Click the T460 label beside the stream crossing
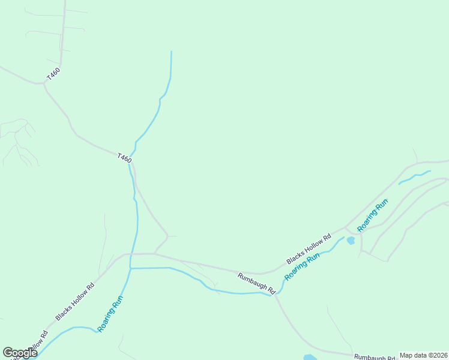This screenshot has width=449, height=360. pos(124,158)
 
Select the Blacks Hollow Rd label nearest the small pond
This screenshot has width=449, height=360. pos(309,248)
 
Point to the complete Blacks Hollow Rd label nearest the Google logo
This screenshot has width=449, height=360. pos(76,301)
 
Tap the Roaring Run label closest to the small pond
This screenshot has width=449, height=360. pos(373,215)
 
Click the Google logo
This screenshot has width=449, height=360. pos(20,353)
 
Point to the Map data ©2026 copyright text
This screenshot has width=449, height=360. pos(423,355)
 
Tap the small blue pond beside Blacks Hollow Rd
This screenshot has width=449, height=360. pos(351,241)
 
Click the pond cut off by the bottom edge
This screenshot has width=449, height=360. pos(310,358)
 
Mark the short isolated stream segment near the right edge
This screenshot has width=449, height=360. pos(414,176)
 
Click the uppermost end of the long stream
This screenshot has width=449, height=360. pos(171,52)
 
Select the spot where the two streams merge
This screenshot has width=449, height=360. pos(131,268)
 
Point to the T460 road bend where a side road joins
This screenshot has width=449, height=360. pos(44,83)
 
